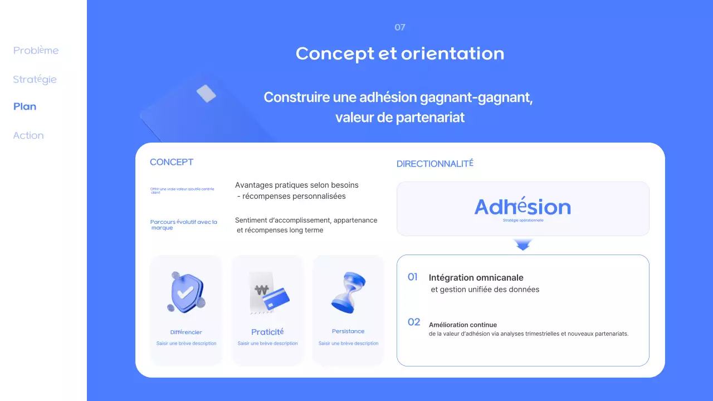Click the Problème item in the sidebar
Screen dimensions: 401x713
tap(36, 51)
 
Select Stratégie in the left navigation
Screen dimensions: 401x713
tap(35, 80)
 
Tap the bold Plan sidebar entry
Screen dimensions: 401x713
tap(25, 107)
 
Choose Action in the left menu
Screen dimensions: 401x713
tap(28, 135)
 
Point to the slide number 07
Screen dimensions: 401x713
tap(400, 27)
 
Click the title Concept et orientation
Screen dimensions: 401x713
tap(400, 53)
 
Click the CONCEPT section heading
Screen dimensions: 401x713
tap(172, 162)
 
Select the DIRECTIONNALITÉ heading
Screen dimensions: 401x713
tap(435, 164)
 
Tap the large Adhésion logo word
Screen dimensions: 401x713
tap(522, 207)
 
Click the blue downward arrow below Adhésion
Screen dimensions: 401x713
tap(522, 244)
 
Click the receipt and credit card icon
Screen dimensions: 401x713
tap(268, 294)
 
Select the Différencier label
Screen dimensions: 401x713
tap(186, 332)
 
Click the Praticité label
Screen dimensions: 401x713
tap(267, 332)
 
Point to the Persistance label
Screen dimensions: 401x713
tap(348, 331)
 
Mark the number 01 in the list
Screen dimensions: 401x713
tap(413, 277)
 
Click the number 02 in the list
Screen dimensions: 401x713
tap(414, 322)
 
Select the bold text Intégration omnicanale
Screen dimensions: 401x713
tap(476, 277)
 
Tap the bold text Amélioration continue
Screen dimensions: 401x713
tap(463, 325)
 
